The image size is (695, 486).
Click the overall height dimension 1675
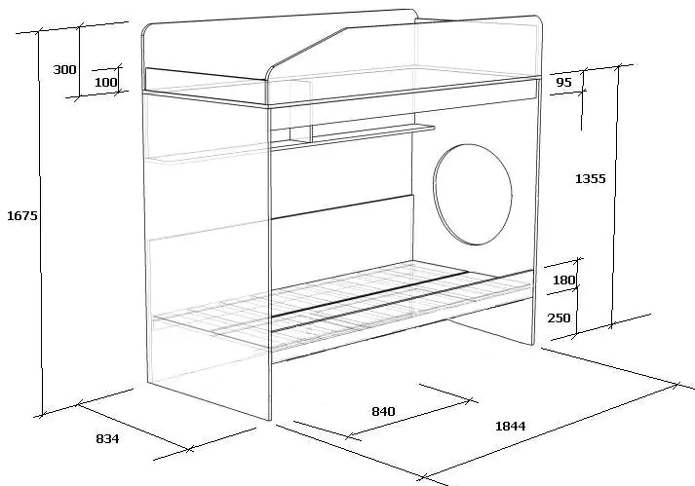click(x=22, y=216)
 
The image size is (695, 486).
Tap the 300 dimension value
click(x=64, y=69)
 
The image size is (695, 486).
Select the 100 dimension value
click(x=106, y=82)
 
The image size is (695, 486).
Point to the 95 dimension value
click(x=563, y=82)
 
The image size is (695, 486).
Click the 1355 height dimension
click(x=590, y=178)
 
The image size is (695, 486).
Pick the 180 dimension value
click(x=564, y=280)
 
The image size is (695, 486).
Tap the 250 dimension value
click(x=559, y=318)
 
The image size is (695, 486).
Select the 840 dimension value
click(x=383, y=412)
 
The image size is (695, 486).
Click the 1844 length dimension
click(x=510, y=427)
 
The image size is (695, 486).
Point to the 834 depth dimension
click(x=107, y=438)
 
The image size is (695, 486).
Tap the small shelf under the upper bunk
click(x=353, y=135)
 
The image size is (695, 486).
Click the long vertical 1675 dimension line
click(x=40, y=224)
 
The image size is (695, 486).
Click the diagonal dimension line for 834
click(x=133, y=427)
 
